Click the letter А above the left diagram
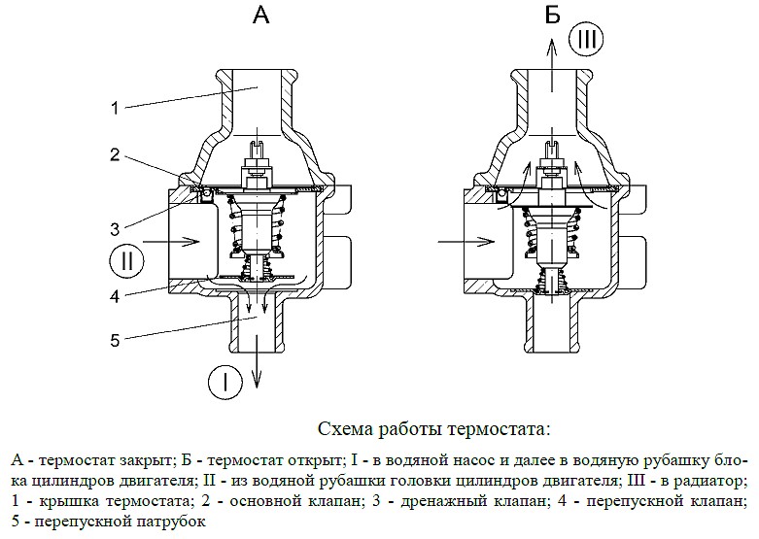point(260,15)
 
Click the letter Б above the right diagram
point(552,15)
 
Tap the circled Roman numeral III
point(586,39)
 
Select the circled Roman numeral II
point(127,261)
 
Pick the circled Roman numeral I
point(225,383)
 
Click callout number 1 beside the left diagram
point(115,108)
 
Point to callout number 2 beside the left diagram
point(115,154)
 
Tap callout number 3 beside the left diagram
point(115,229)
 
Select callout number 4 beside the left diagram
point(115,295)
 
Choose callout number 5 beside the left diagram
point(115,340)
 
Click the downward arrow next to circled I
point(257,343)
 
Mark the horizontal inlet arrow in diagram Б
point(466,241)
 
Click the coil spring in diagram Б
point(552,230)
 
